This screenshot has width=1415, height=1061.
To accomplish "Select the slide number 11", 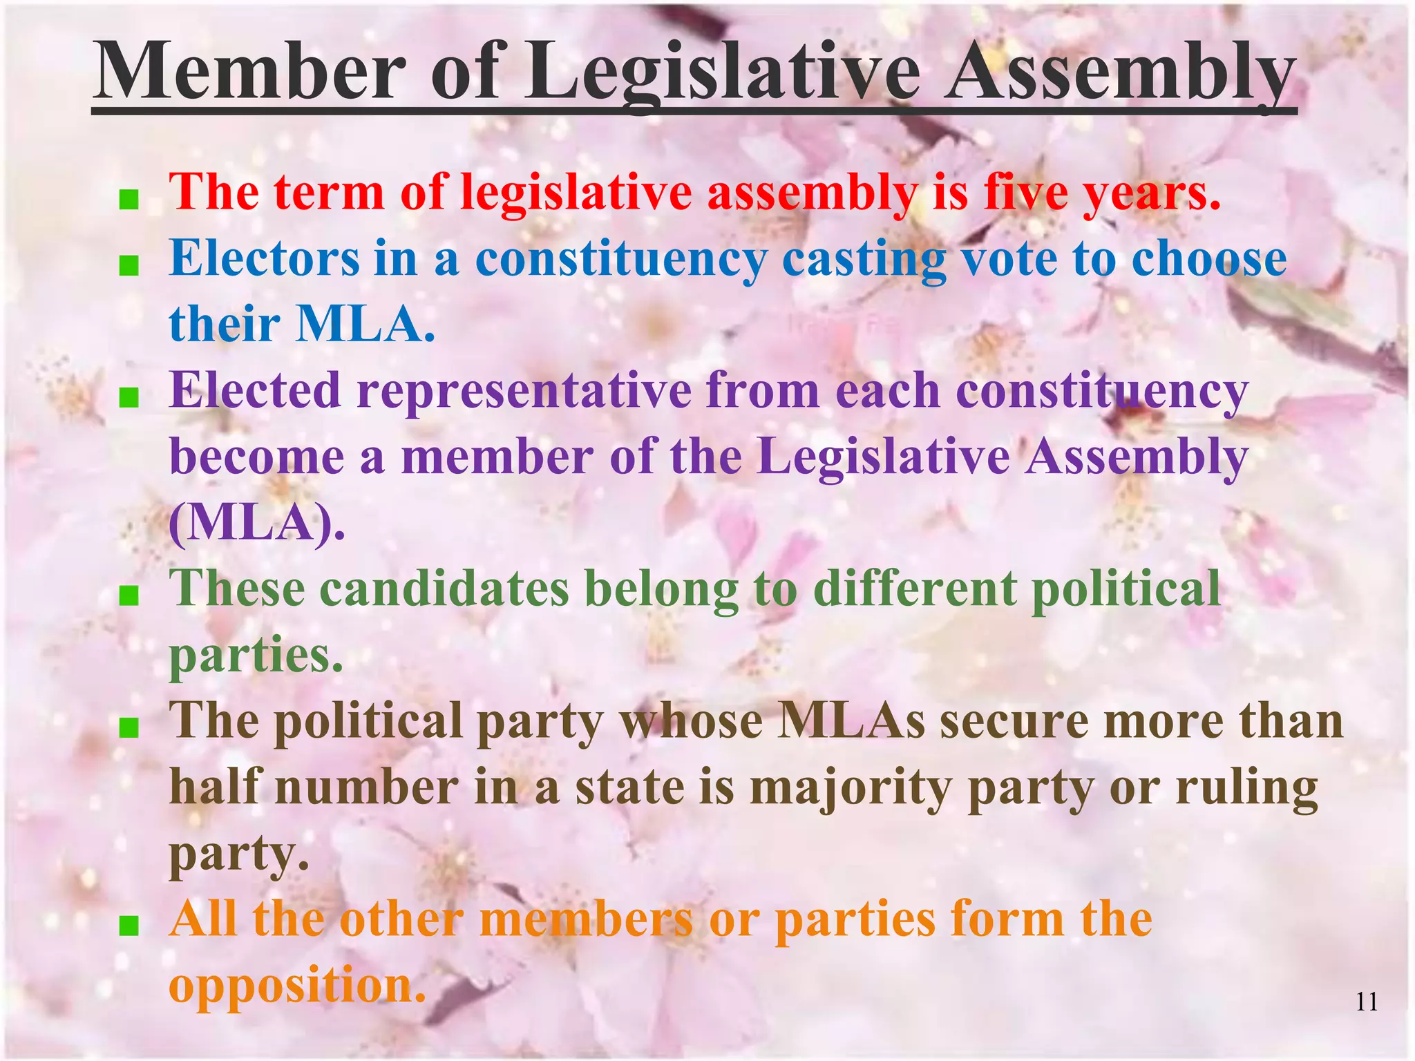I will [x=1367, y=1002].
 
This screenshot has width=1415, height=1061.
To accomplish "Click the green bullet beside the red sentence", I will [x=129, y=201].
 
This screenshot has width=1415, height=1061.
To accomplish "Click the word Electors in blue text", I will [x=265, y=258].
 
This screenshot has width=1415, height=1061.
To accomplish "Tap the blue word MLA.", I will [x=365, y=324].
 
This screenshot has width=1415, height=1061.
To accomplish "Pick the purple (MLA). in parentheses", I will [x=256, y=523].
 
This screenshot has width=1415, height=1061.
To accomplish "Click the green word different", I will [x=915, y=589].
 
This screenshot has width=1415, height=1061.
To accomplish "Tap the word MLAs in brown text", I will [x=851, y=721].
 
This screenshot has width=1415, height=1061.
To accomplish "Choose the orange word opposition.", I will [x=297, y=985].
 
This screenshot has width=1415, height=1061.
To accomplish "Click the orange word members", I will [x=586, y=920].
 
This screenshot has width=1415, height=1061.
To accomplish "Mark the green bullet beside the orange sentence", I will [x=129, y=926].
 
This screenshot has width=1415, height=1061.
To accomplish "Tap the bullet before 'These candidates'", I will [x=129, y=595].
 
